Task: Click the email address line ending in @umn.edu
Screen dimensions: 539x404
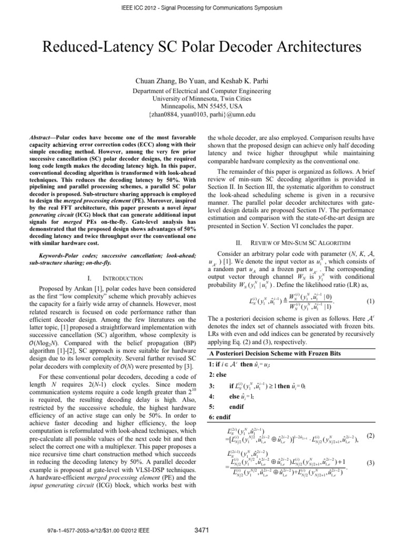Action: [x=201, y=113]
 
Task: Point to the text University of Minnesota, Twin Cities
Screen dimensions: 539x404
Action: [x=201, y=97]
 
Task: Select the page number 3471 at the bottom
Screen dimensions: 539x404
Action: [x=202, y=529]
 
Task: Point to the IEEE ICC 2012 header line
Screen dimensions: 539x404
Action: [x=202, y=8]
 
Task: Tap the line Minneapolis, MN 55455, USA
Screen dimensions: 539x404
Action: [x=201, y=105]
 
